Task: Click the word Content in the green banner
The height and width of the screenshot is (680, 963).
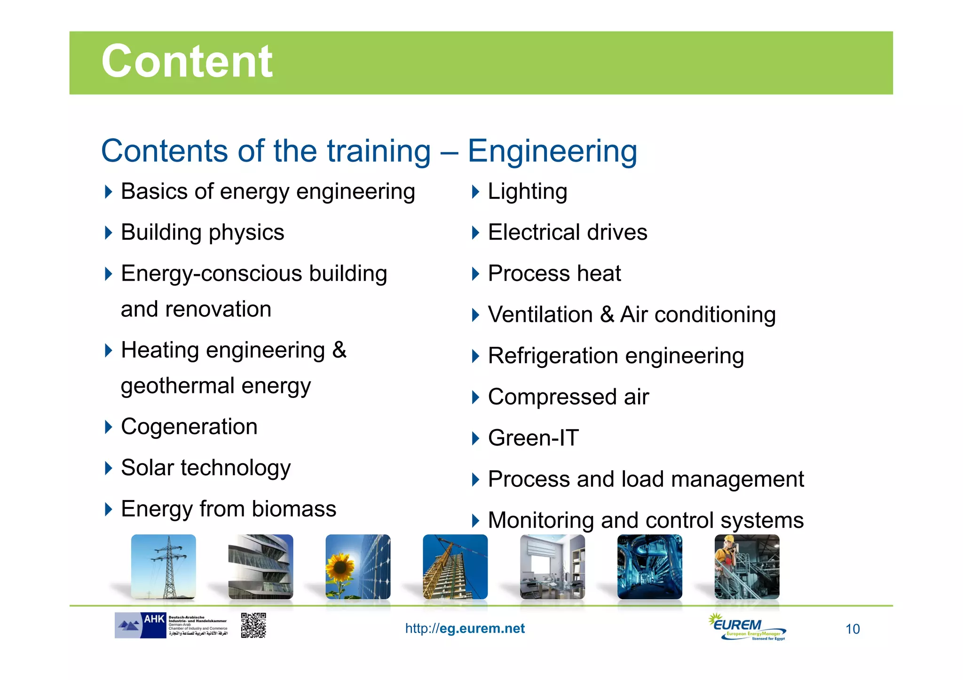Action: click(x=187, y=62)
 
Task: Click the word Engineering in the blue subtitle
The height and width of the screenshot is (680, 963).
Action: click(x=552, y=151)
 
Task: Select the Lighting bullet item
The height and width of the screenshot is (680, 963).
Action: click(x=527, y=192)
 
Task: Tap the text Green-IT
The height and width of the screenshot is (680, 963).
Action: click(x=533, y=438)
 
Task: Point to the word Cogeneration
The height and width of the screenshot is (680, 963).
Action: click(x=189, y=427)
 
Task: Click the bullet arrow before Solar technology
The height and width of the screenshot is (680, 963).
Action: click(x=109, y=468)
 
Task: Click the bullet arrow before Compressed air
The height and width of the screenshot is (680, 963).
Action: click(x=475, y=398)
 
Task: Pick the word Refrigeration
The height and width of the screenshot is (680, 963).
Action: click(x=553, y=356)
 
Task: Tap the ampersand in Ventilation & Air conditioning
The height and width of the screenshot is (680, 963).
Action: click(x=607, y=315)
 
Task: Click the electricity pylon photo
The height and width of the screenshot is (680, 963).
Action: click(x=164, y=567)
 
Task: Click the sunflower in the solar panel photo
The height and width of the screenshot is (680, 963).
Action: click(x=340, y=568)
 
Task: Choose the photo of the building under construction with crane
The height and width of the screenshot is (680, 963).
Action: click(x=455, y=567)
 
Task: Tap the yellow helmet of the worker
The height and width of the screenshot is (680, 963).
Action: click(x=728, y=539)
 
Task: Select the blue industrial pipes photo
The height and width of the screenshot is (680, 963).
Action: click(x=649, y=567)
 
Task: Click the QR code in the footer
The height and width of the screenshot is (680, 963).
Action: click(x=253, y=625)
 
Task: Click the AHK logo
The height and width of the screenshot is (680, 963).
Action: click(x=140, y=625)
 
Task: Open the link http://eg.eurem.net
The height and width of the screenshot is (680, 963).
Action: click(x=465, y=629)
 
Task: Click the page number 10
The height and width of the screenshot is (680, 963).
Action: click(x=852, y=629)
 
